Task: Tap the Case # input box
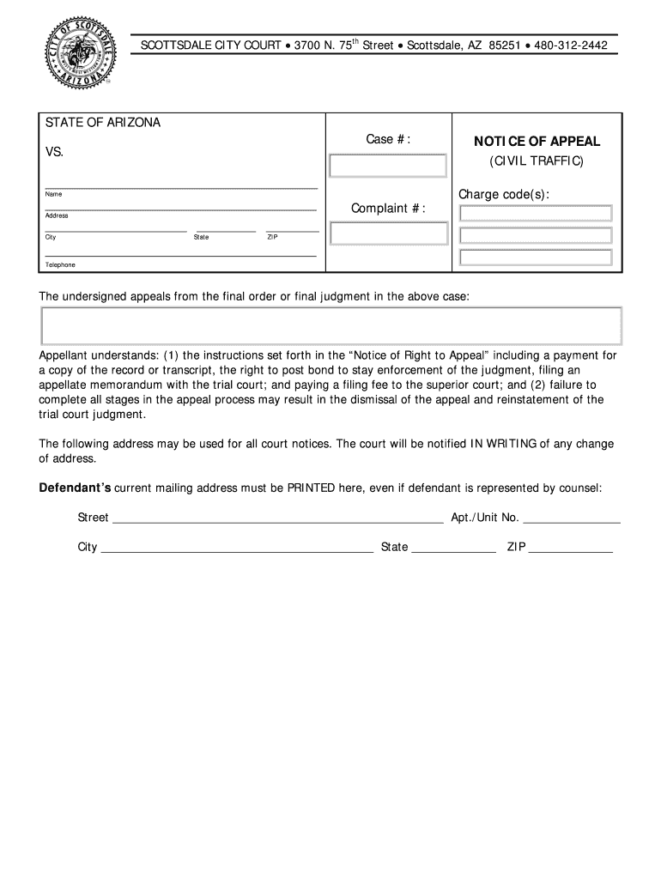388,166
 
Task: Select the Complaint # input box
388,233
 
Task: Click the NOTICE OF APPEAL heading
536,142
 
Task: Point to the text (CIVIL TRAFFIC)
536,161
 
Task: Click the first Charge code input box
536,214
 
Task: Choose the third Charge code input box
536,258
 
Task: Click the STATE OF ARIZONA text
103,123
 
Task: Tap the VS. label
54,152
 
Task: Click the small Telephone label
60,265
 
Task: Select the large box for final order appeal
330,325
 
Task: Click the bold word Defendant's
76,488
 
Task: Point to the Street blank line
278,518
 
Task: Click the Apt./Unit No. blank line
572,518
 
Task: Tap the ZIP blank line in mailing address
571,548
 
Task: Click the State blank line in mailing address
453,548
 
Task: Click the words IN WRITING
502,444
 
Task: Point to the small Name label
53,195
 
